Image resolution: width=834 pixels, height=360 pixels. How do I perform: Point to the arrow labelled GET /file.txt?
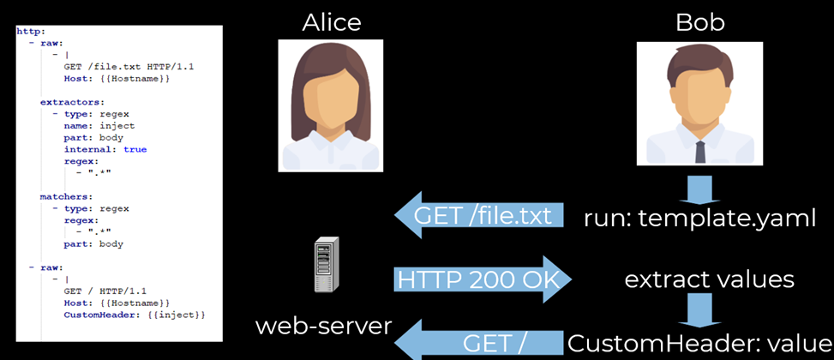tap(479, 215)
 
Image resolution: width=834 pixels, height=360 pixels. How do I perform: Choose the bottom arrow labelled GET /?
tap(480, 343)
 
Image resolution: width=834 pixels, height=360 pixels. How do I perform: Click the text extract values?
tap(709, 279)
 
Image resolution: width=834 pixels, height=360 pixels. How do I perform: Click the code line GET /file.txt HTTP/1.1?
tap(117, 66)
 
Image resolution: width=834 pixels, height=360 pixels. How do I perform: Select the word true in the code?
tap(135, 149)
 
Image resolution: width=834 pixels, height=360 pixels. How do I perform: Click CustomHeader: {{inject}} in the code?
tap(135, 315)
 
